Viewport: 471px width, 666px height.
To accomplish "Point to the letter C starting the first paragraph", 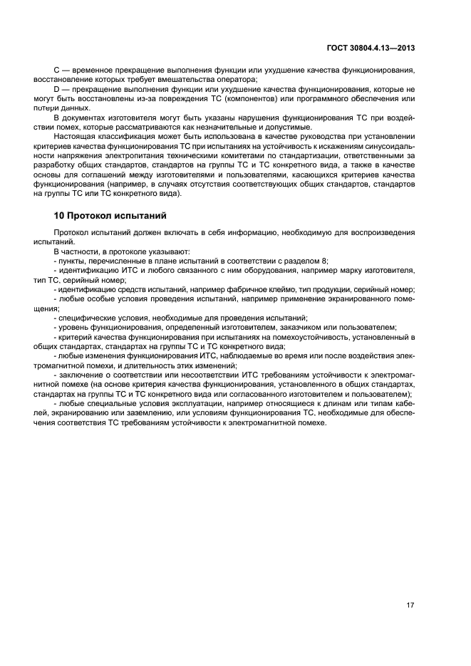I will [x=57, y=71].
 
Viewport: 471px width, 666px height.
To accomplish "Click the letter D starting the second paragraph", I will [x=57, y=89].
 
